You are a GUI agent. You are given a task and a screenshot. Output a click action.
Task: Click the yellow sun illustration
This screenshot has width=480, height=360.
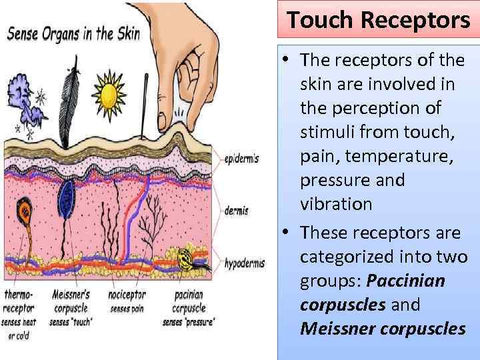pos(108,95)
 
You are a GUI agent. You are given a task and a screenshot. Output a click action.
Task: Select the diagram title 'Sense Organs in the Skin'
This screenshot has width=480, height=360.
pos(73,35)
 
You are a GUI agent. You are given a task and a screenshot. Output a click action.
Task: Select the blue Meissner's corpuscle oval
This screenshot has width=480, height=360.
pos(67,197)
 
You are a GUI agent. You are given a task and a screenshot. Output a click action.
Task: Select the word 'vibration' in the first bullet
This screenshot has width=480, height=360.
pos(336,204)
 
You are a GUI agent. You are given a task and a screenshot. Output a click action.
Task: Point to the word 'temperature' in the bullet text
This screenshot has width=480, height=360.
pos(379,156)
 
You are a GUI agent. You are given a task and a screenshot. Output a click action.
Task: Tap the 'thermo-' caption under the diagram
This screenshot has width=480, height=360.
pos(19,293)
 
